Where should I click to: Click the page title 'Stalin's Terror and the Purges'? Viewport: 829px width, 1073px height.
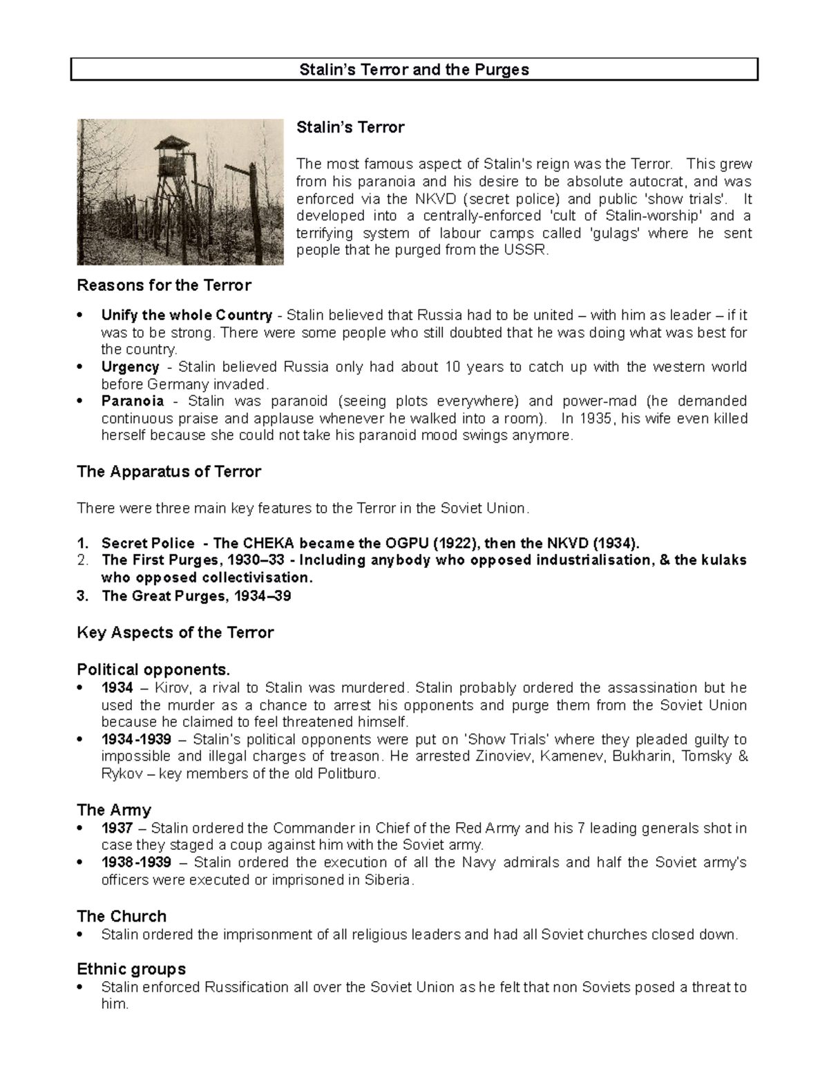(413, 70)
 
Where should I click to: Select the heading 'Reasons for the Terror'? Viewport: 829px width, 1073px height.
(164, 285)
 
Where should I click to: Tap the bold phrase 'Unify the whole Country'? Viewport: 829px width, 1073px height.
(187, 315)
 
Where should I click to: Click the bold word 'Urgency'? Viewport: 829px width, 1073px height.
(130, 367)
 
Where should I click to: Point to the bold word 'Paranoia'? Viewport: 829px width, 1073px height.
(133, 401)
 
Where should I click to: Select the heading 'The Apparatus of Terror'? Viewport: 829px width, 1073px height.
(169, 472)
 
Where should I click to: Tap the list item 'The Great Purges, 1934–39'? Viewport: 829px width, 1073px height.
(196, 596)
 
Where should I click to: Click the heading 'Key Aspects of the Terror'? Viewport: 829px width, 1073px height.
(175, 633)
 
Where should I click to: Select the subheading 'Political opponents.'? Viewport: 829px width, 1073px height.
(153, 670)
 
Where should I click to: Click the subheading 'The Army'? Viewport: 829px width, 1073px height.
(114, 810)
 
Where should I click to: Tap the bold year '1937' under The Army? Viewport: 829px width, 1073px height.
(117, 828)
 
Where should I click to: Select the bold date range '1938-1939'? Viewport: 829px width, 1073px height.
(136, 862)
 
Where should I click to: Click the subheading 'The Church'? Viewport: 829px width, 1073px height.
(122, 916)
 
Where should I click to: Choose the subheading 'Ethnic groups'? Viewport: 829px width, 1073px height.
(131, 969)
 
